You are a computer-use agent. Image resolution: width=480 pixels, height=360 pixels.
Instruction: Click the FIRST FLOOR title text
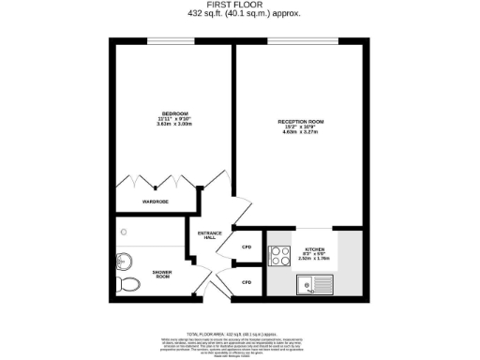tap(239, 5)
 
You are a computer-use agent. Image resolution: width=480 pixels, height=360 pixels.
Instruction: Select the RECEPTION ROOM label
tap(300, 122)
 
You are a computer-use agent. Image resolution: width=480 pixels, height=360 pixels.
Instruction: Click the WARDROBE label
tap(155, 202)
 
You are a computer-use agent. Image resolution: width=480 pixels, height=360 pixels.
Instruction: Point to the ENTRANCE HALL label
tap(208, 234)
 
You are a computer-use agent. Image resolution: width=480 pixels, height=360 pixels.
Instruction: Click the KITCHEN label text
tap(314, 235)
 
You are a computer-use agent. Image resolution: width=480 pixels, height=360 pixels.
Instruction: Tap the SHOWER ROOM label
tap(163, 275)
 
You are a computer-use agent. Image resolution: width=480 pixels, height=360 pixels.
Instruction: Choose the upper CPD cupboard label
tap(247, 247)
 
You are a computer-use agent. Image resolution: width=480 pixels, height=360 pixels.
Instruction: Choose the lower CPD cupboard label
tap(247, 281)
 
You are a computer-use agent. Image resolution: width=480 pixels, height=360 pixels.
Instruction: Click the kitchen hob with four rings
tap(279, 253)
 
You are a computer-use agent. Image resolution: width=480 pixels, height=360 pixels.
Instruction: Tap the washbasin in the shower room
tap(123, 262)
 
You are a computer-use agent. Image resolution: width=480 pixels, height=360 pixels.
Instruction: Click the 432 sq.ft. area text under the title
tap(239, 14)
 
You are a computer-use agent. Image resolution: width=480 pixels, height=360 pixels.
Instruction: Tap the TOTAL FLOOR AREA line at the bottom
tap(239, 333)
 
